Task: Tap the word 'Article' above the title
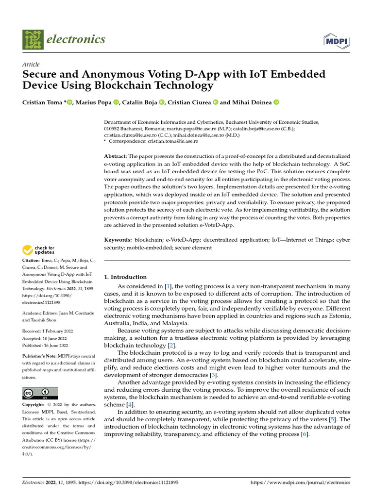(x=31, y=65)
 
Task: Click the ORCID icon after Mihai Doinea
(x=276, y=102)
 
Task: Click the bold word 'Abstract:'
(x=116, y=156)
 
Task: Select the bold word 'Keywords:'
(x=118, y=240)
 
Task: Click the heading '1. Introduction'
(x=126, y=277)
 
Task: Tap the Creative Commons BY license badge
(x=40, y=393)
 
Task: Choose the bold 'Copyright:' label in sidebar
(x=35, y=405)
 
